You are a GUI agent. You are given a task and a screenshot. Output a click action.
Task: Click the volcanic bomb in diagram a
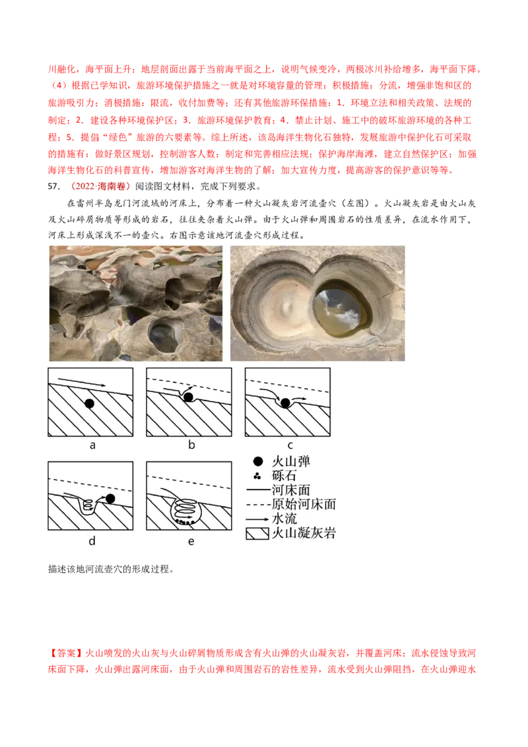click(x=89, y=403)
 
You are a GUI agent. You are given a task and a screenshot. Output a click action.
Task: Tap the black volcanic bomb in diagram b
click(x=188, y=397)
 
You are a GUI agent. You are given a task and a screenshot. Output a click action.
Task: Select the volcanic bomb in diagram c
click(x=285, y=403)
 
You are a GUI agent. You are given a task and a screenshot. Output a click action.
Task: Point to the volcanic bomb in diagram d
click(x=110, y=498)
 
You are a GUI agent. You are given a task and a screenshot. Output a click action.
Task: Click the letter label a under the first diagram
click(x=92, y=445)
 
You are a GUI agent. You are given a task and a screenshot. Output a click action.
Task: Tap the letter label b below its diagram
click(x=191, y=445)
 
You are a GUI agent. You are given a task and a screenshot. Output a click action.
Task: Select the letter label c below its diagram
click(x=290, y=446)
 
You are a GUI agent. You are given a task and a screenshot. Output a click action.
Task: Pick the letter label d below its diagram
click(x=92, y=540)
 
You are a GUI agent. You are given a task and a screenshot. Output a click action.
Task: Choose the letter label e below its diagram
click(x=191, y=542)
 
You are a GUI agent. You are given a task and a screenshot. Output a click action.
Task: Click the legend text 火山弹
click(x=290, y=461)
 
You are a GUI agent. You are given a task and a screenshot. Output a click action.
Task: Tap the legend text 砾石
click(x=284, y=475)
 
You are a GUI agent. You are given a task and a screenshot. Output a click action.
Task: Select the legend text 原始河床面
click(x=304, y=504)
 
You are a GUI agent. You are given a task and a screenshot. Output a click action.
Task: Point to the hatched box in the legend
click(x=257, y=534)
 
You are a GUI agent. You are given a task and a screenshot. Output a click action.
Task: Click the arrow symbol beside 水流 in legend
click(x=257, y=519)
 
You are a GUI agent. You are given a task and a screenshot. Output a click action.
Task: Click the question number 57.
click(x=54, y=186)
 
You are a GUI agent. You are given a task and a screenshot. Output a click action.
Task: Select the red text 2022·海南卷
click(x=102, y=186)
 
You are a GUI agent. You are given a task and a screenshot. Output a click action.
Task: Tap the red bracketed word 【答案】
click(x=66, y=653)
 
